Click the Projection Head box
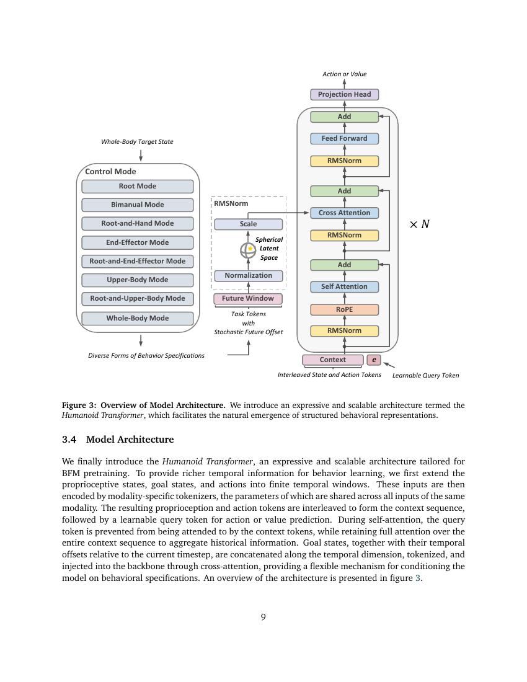[344, 94]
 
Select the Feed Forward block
[344, 138]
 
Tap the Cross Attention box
[344, 213]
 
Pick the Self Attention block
[344, 286]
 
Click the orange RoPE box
[344, 309]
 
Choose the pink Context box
[333, 360]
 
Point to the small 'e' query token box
[374, 360]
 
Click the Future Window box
[248, 298]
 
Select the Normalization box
[248, 275]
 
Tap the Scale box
[248, 224]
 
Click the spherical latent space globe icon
[248, 250]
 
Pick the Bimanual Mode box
[138, 205]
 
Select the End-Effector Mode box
[138, 242]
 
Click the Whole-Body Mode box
[138, 318]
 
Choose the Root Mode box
[138, 186]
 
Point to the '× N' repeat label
[420, 224]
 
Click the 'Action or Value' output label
[344, 74]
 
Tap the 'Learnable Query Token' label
[426, 375]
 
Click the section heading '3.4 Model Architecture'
[118, 440]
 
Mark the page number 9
[263, 617]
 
